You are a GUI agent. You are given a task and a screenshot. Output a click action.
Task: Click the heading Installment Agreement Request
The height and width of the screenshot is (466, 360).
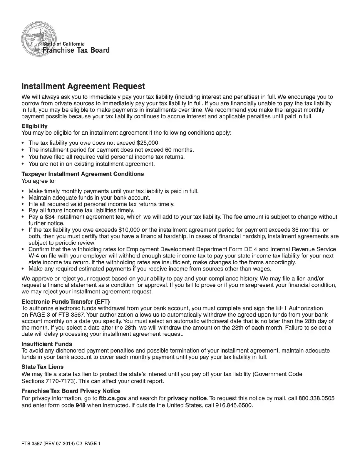pos(83,86)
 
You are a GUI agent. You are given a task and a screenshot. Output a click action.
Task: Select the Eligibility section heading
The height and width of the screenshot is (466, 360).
pos(35,126)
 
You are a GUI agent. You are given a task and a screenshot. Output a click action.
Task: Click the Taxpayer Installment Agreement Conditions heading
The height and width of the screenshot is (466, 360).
pos(83,174)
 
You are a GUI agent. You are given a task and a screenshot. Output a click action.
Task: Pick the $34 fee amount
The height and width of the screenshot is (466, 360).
pos(49,217)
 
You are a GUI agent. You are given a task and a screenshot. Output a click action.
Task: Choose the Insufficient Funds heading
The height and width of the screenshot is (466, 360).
pos(47,344)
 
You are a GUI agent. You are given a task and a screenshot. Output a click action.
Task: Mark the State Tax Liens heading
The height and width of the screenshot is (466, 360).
pos(43,367)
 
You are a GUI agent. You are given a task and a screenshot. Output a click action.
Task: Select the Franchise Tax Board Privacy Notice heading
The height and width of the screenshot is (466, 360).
pos(71,391)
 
